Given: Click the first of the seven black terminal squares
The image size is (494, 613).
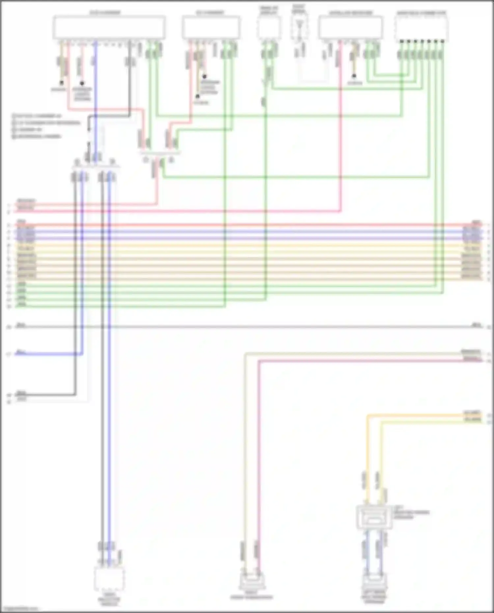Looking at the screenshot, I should (401, 42).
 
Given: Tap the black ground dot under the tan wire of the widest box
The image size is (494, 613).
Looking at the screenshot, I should (62, 83).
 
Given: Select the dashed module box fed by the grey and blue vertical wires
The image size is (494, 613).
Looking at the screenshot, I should (109, 579).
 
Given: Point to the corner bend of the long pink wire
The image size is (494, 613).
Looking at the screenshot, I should (259, 361).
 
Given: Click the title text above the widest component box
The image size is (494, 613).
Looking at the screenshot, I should (105, 13).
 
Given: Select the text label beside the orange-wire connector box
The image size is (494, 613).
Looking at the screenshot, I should (411, 513).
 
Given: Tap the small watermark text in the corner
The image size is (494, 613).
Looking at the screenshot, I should (20, 609).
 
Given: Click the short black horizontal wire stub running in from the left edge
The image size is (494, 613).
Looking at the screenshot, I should (46, 394).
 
